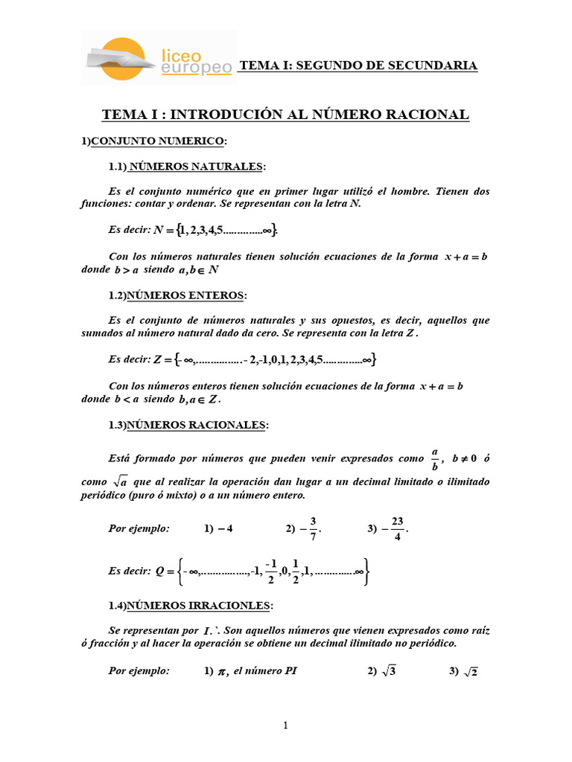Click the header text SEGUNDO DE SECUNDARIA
tap(357, 66)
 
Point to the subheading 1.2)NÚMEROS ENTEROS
tap(178, 295)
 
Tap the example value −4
tap(224, 529)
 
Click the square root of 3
tap(388, 671)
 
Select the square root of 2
tap(470, 671)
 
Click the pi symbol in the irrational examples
tap(222, 672)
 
